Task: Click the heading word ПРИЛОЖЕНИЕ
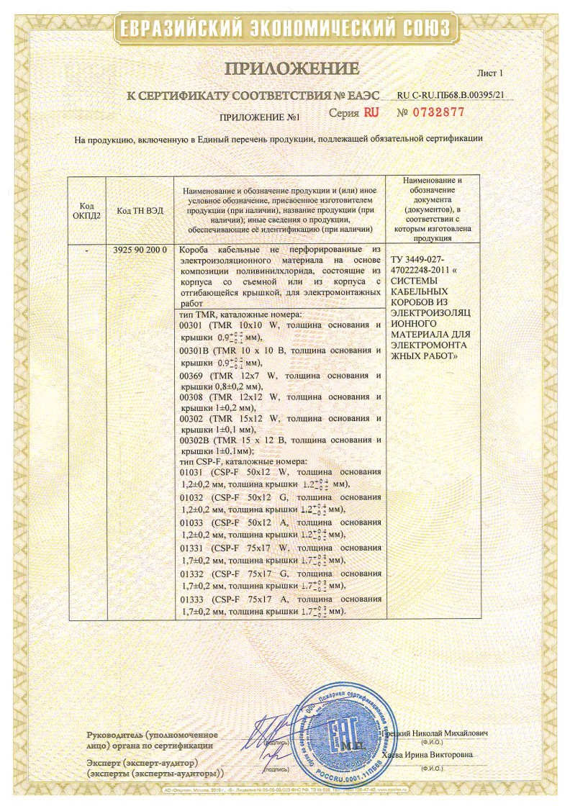(292, 69)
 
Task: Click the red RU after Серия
(371, 112)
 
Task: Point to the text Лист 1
(491, 73)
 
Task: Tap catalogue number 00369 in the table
(191, 376)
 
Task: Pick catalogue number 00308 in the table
(191, 397)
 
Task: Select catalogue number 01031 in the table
(191, 472)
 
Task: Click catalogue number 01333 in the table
(191, 599)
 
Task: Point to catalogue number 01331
(191, 548)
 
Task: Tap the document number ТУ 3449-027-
(419, 259)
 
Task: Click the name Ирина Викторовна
(440, 755)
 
